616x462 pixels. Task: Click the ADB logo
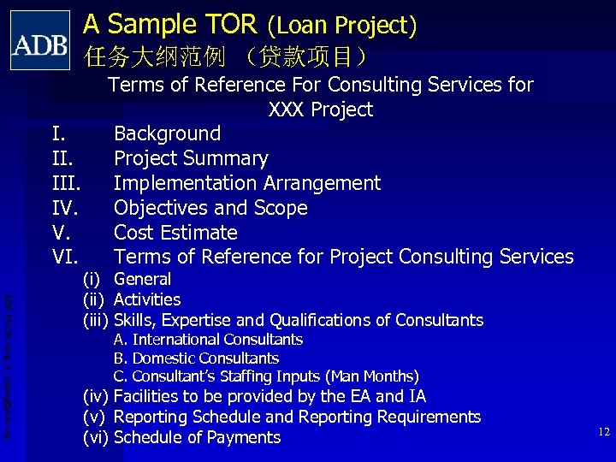[x=40, y=40]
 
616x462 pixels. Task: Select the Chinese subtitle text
[x=227, y=57]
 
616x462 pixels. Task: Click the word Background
[x=167, y=133]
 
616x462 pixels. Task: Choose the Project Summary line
[x=191, y=158]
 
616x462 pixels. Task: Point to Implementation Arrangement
[x=247, y=183]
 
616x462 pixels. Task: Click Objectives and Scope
[x=210, y=208]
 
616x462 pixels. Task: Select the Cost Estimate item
[x=175, y=233]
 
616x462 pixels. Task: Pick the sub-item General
[x=142, y=279]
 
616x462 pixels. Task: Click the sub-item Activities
[x=147, y=299]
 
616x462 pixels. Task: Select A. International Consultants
[x=208, y=340]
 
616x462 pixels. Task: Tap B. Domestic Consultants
[x=196, y=358]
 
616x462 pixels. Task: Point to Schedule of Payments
[x=197, y=437]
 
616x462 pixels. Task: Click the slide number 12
[x=604, y=432]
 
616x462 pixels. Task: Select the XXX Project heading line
[x=320, y=110]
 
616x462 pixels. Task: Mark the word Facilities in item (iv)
[x=146, y=396]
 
